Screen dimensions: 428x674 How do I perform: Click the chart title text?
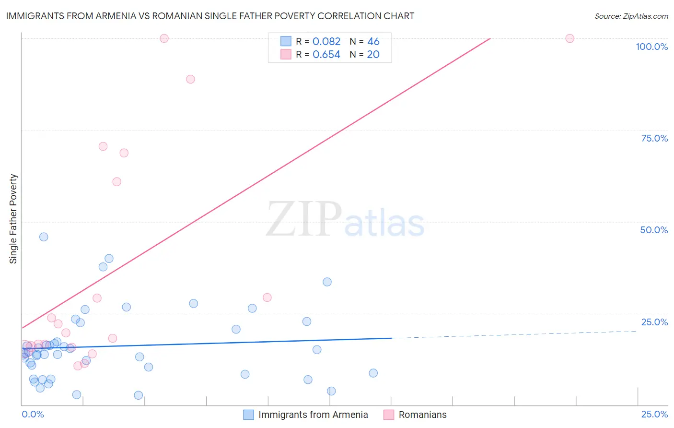[210, 16]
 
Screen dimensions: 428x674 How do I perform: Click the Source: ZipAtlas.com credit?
[631, 16]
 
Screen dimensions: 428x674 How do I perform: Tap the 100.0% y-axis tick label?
[651, 47]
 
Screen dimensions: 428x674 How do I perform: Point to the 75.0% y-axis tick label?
[654, 138]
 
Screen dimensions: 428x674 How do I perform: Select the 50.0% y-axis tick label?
[654, 230]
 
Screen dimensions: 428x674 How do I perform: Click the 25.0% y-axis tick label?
[654, 322]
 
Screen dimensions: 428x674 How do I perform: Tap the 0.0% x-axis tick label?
[33, 414]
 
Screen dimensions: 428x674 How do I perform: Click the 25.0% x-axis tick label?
[654, 414]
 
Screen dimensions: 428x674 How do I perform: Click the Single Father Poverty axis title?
[13, 219]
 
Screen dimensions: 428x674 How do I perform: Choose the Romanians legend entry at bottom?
[415, 415]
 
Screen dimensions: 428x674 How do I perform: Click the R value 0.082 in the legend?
[326, 42]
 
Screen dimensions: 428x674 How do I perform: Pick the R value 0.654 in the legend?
[326, 55]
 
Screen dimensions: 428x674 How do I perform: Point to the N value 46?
[373, 42]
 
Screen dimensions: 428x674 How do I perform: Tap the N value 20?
[373, 55]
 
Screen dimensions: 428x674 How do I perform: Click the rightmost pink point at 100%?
[569, 38]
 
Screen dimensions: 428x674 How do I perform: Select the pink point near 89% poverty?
[190, 79]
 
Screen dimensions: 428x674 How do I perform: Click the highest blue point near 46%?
[44, 237]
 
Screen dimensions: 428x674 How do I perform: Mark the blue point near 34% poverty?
[327, 282]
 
